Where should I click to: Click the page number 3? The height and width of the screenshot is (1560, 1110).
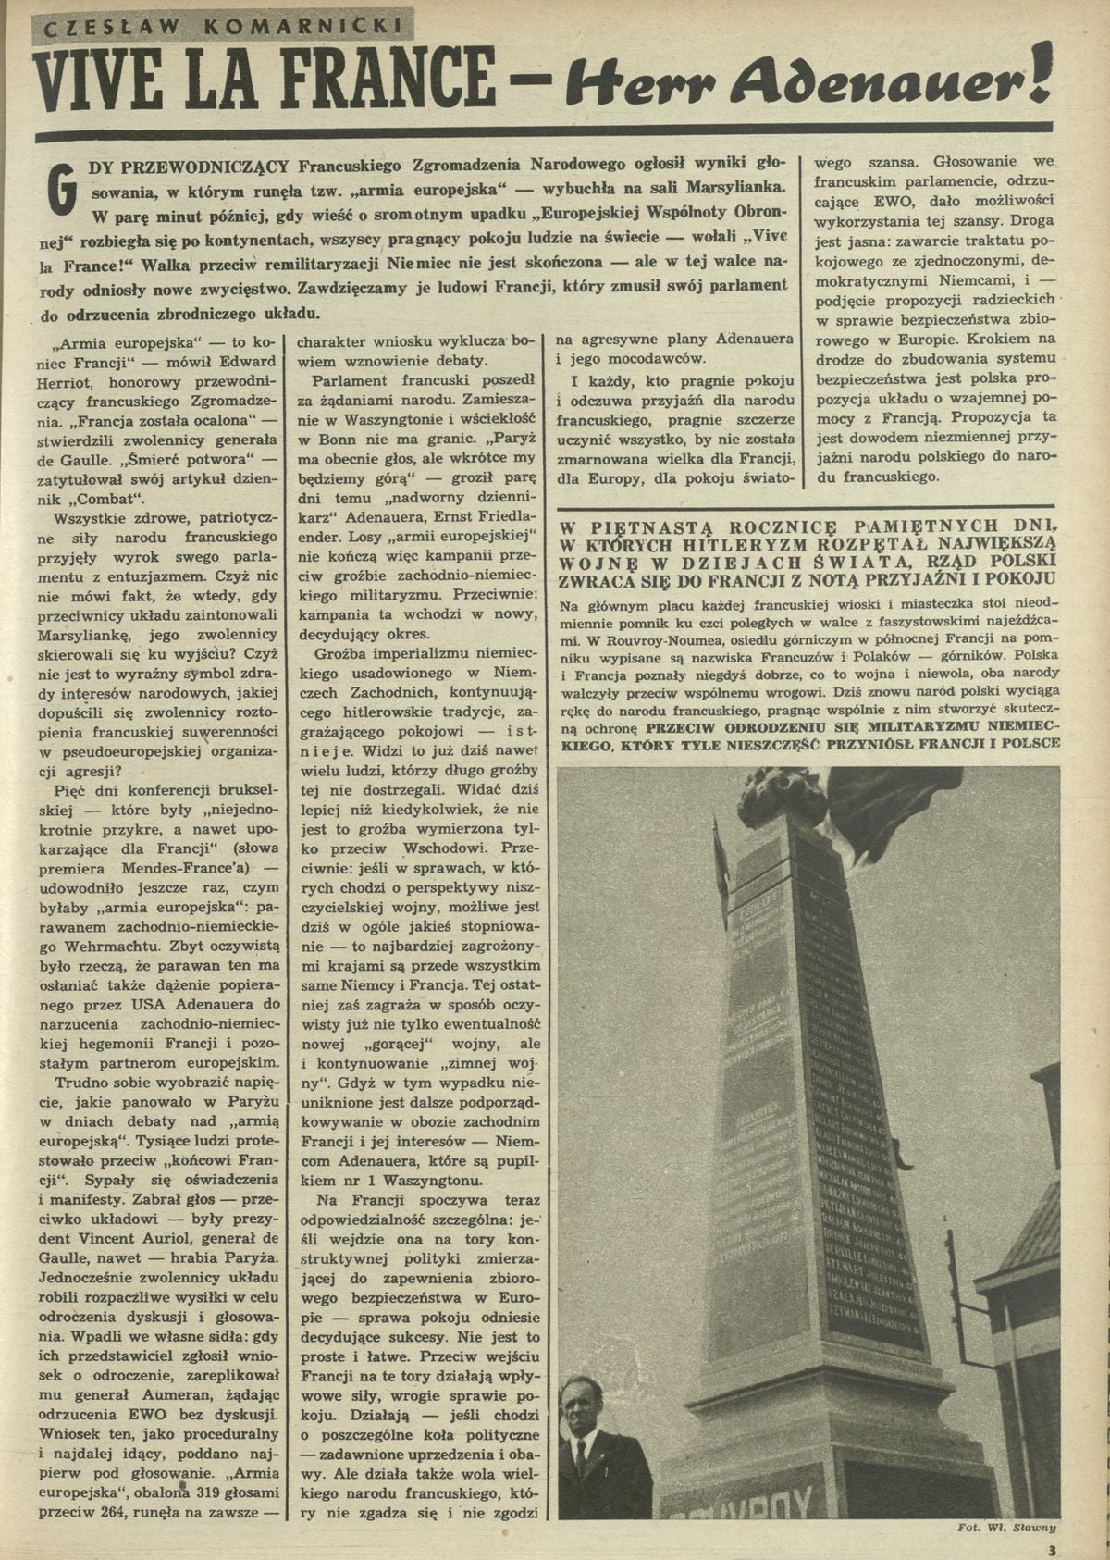coord(1050,1547)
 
